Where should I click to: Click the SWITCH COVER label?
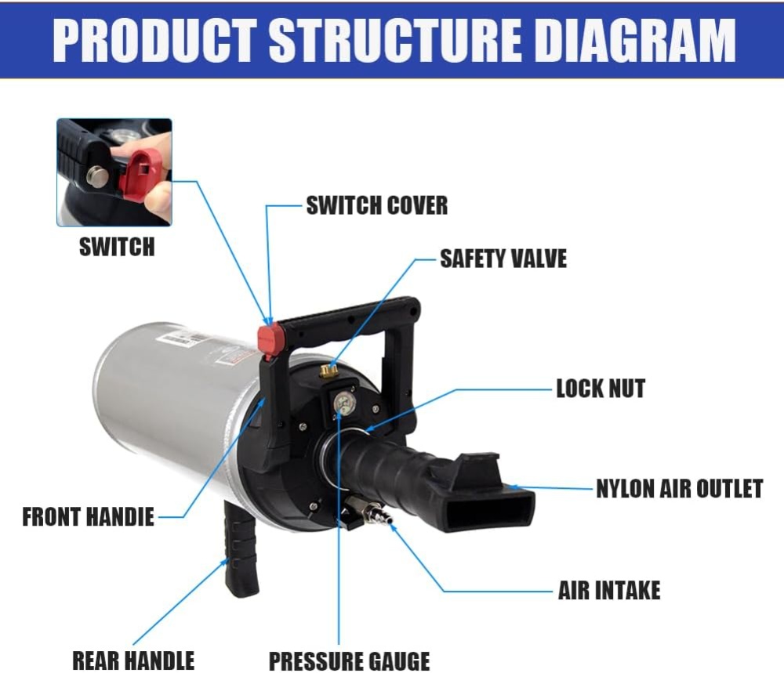pos(376,206)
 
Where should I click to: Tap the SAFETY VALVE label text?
pos(503,259)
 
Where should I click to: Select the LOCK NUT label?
pos(600,388)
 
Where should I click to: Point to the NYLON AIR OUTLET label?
pos(679,489)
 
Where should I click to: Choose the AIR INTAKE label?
pos(609,590)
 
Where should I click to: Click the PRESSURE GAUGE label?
pos(349,660)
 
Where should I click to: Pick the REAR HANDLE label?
pos(133,660)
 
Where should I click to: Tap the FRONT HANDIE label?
pos(88,517)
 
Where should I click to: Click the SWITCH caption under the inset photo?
pos(117,248)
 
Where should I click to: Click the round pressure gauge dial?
pos(343,405)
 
